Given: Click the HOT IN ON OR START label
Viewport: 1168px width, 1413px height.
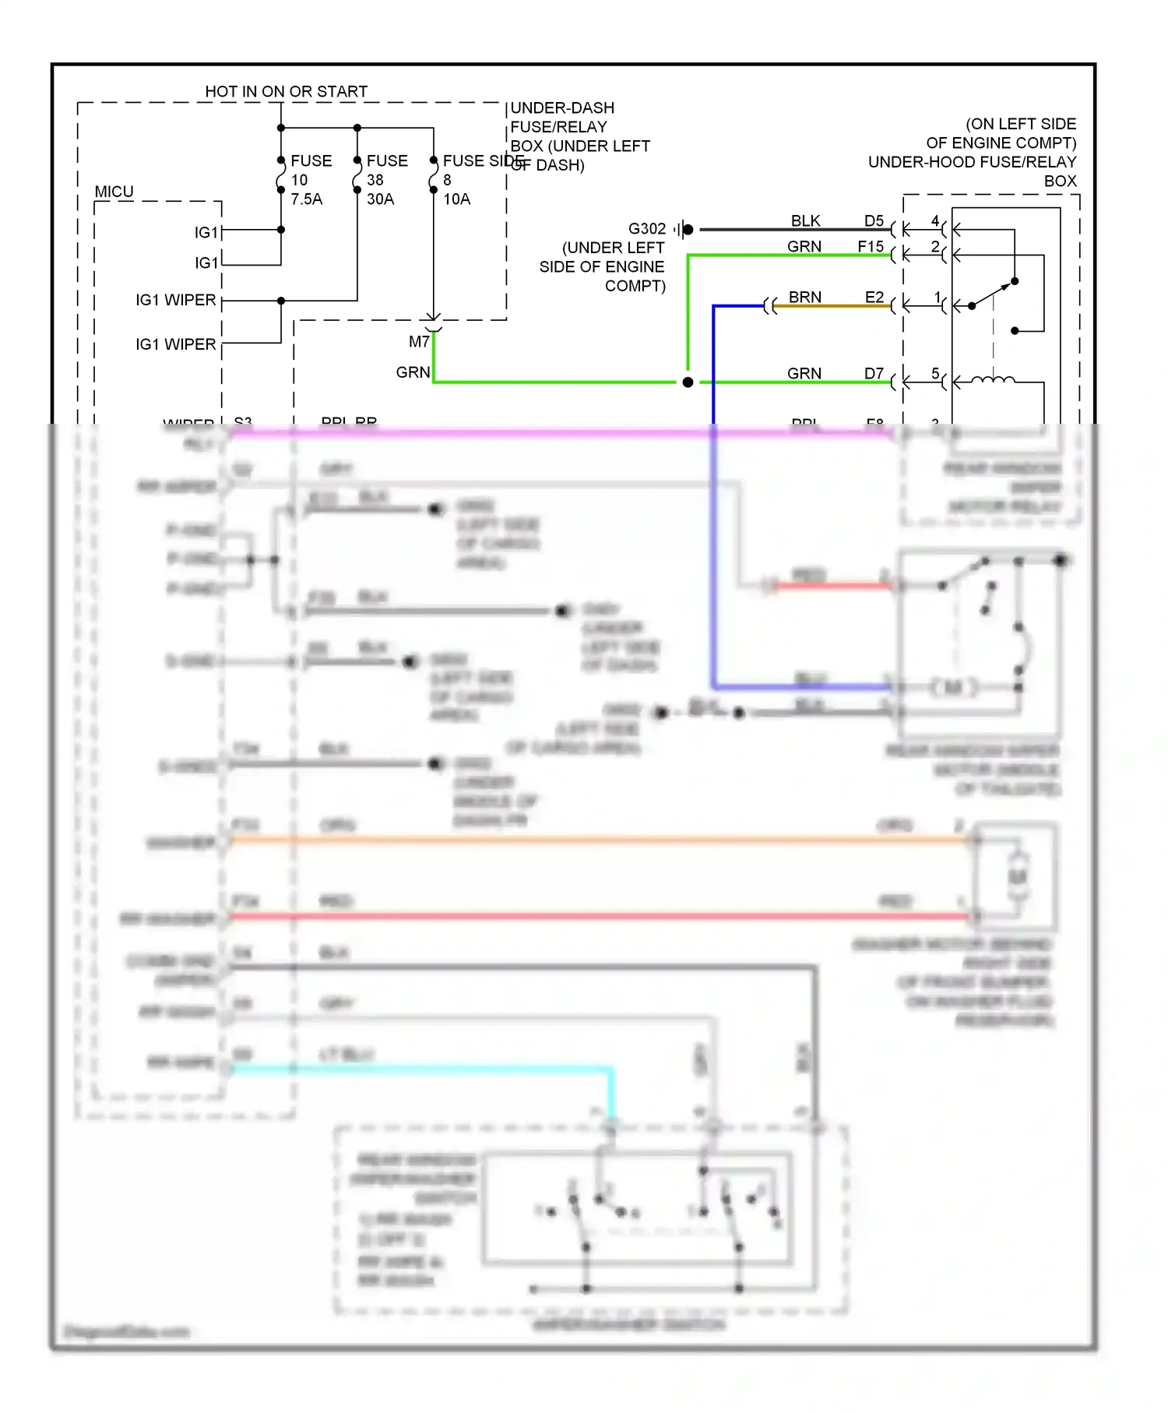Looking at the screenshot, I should click(x=286, y=91).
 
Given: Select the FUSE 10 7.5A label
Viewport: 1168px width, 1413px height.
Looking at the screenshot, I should click(x=311, y=180).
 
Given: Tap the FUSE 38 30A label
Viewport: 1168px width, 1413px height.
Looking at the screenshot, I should click(x=387, y=180).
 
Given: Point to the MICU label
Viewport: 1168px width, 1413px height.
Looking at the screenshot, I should click(x=114, y=192).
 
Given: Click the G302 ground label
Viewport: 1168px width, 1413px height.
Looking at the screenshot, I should click(x=647, y=229).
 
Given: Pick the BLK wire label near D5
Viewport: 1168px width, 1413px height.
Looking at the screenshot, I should click(x=805, y=221).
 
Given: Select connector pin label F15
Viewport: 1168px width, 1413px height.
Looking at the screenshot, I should click(x=871, y=247).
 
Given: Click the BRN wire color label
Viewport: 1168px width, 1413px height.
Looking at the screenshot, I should click(x=804, y=298).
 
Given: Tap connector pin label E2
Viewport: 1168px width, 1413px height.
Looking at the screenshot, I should click(x=874, y=298).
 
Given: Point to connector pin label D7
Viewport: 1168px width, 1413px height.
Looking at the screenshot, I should click(x=874, y=374).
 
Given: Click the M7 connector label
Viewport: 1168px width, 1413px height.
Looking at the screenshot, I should click(x=419, y=342).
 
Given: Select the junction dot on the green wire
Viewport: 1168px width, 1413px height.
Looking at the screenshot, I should click(x=688, y=382).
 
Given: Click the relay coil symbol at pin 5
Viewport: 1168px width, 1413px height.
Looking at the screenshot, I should click(x=994, y=380).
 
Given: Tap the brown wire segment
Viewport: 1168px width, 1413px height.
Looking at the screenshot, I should click(x=833, y=306).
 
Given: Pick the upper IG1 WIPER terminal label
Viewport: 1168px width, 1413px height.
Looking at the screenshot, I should click(x=175, y=300).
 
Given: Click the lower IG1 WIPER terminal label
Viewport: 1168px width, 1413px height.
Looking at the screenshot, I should click(x=175, y=344).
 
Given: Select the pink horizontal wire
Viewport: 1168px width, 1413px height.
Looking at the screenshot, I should click(x=545, y=432).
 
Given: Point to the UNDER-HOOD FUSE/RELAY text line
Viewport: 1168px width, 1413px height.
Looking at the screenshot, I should click(x=972, y=162).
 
